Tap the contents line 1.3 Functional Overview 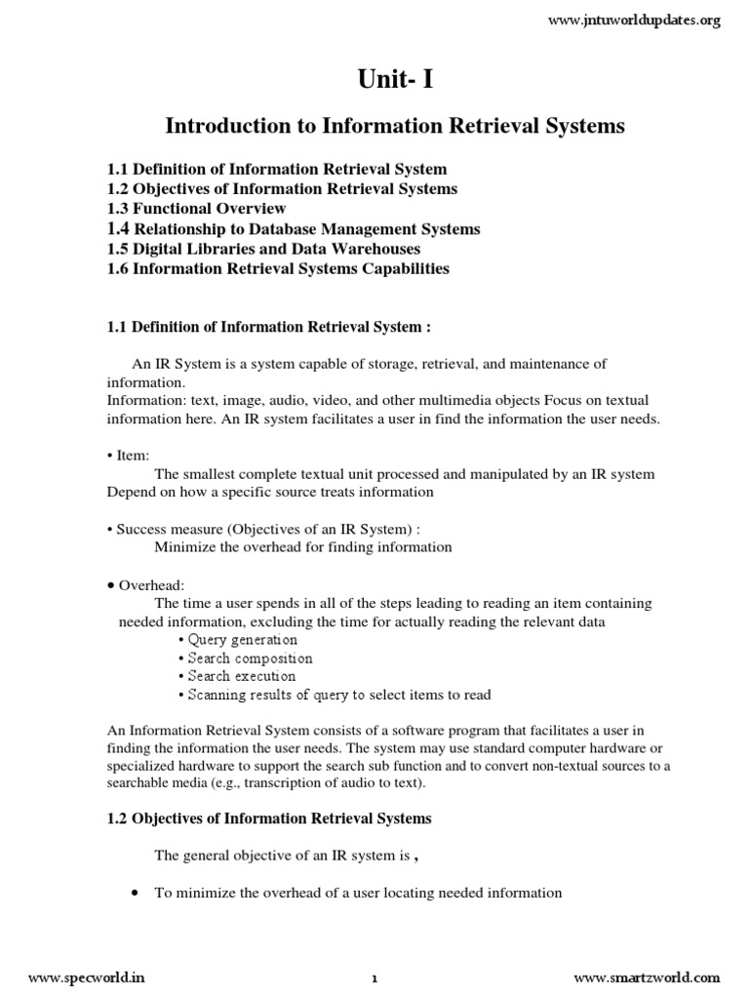[196, 209]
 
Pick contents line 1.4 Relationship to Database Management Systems [294, 229]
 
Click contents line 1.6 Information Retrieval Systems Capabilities [278, 269]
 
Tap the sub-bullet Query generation [239, 640]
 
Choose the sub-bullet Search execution [239, 676]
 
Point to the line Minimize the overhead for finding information [303, 547]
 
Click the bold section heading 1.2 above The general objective [269, 819]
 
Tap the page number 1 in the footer [374, 979]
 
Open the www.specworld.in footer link [81, 978]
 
